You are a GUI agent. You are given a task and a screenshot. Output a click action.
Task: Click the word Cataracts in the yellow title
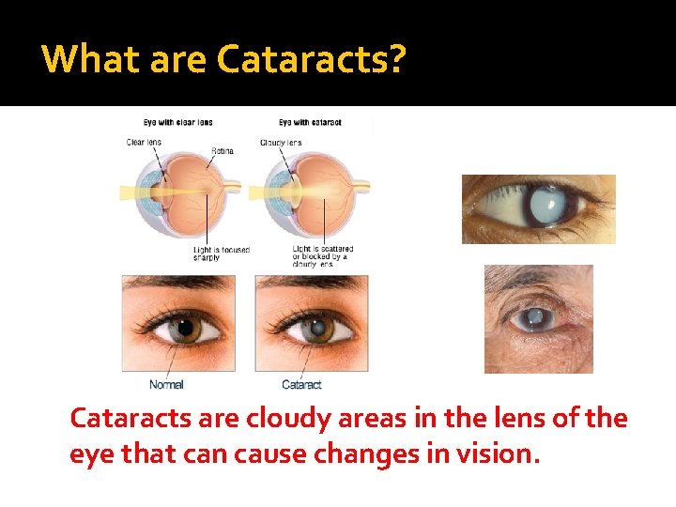coord(301,59)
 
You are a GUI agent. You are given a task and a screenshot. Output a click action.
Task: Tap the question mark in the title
coord(397,59)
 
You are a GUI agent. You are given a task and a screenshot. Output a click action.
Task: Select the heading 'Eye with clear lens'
coord(177,122)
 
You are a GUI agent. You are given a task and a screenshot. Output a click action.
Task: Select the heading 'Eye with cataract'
coord(310,122)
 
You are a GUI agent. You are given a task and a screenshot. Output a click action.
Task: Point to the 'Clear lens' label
coord(144,143)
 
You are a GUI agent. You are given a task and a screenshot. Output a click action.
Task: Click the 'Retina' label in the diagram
coord(223,150)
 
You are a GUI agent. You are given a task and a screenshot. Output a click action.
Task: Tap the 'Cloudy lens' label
coord(281,143)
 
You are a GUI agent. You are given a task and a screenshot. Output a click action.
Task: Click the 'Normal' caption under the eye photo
coord(166,385)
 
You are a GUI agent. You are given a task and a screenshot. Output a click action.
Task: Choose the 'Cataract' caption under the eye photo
coord(301,385)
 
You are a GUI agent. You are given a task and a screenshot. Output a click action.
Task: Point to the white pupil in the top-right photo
coord(545,201)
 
